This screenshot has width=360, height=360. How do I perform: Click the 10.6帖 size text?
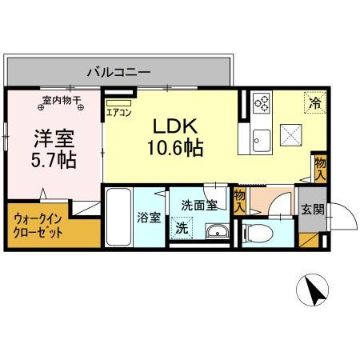(173, 147)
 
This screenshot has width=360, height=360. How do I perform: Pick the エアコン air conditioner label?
(118, 113)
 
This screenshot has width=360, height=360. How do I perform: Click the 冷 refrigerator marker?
(315, 102)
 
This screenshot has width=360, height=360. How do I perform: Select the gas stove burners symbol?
(262, 102)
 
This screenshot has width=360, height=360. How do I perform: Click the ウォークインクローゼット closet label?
(38, 226)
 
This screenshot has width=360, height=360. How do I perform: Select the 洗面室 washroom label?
(198, 205)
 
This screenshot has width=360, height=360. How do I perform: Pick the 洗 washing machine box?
(182, 228)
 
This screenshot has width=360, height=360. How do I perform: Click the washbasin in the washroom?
(215, 232)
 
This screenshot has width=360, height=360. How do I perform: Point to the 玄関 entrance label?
(313, 210)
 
